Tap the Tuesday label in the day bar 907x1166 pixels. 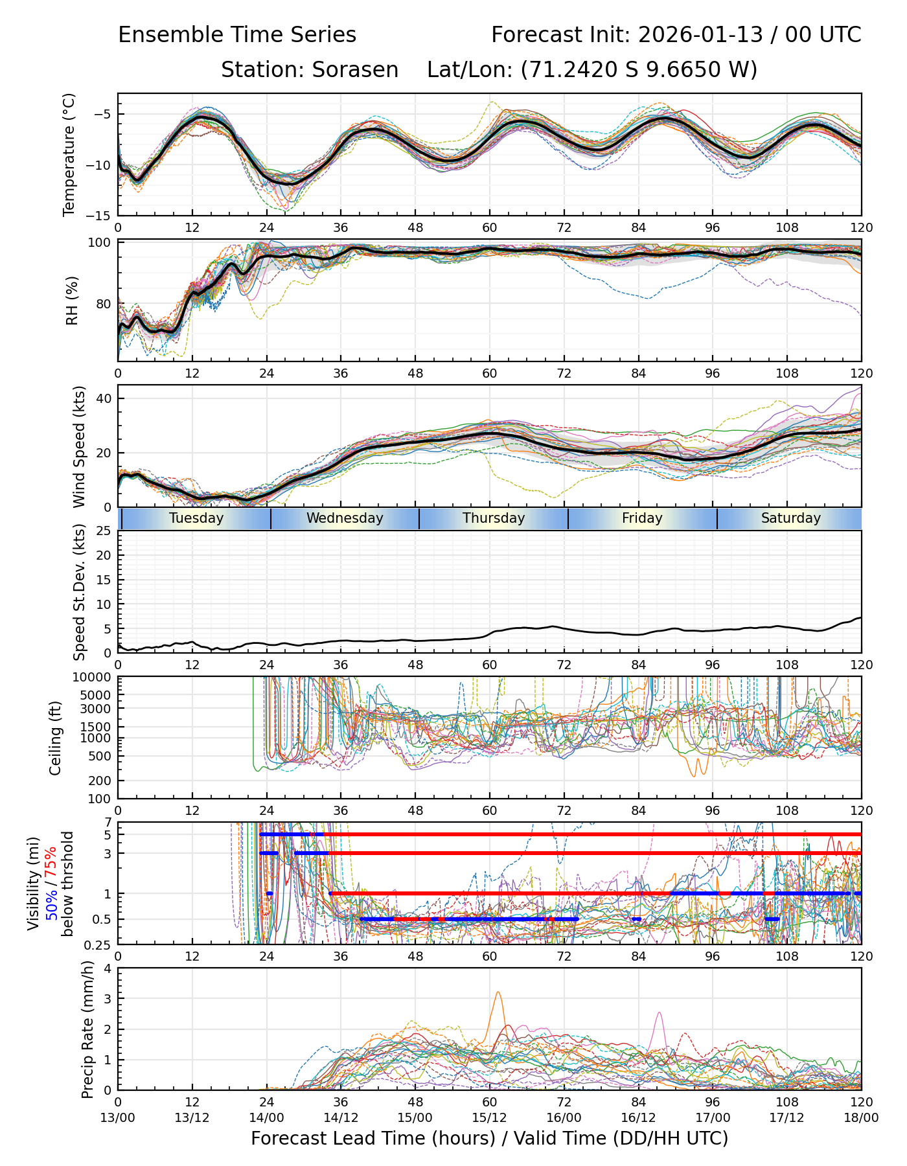click(196, 518)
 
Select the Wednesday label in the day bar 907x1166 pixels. click(345, 518)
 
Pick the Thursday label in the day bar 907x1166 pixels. click(494, 518)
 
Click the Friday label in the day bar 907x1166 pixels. click(642, 518)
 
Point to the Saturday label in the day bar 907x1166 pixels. click(790, 518)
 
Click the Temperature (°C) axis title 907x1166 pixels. click(69, 154)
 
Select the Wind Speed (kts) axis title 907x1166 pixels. click(79, 446)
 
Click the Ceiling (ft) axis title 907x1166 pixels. click(56, 738)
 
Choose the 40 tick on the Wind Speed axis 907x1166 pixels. click(104, 398)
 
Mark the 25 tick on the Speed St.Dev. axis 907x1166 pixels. click(104, 531)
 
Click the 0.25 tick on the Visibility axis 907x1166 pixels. click(98, 944)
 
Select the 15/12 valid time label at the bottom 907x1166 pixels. click(489, 1117)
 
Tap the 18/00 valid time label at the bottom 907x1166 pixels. click(861, 1117)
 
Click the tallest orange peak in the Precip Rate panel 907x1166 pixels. click(498, 992)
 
